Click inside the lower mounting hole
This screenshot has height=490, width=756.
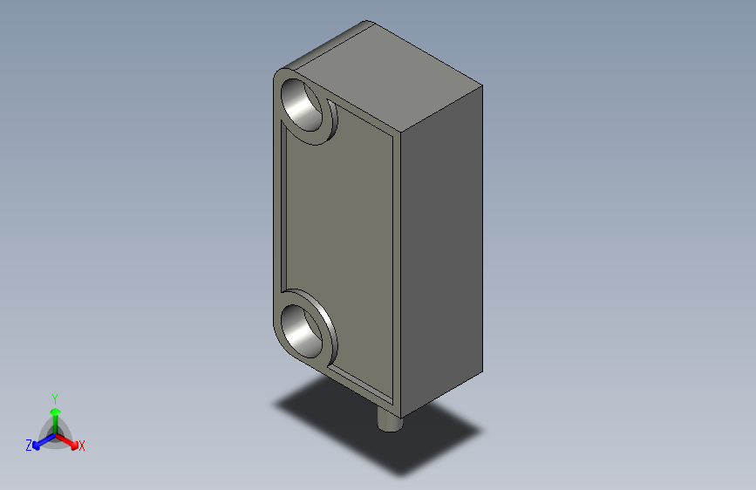pos(305,329)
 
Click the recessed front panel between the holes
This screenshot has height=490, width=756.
pos(340,218)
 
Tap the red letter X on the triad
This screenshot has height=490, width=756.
pos(82,446)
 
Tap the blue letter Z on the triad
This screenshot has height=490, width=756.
pos(29,446)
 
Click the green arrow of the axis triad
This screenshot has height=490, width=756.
pos(55,414)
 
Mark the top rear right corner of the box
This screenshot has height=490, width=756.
pos(482,85)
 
